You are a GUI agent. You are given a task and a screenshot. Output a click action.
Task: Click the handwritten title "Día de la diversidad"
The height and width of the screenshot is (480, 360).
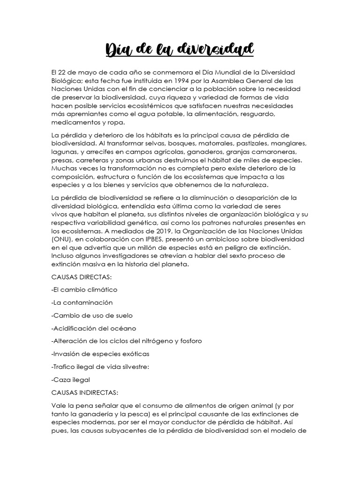pyautogui.click(x=180, y=49)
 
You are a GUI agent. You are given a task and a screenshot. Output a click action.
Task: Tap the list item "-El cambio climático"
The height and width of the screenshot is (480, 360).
pyautogui.click(x=84, y=290)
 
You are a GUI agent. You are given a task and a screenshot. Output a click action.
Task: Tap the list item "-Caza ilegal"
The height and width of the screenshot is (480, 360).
pyautogui.click(x=70, y=379)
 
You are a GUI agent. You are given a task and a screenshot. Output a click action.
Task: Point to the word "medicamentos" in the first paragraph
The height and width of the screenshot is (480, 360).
pyautogui.click(x=74, y=123)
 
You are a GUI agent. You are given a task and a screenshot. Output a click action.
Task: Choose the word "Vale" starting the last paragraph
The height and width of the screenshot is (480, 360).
pyautogui.click(x=58, y=405)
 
